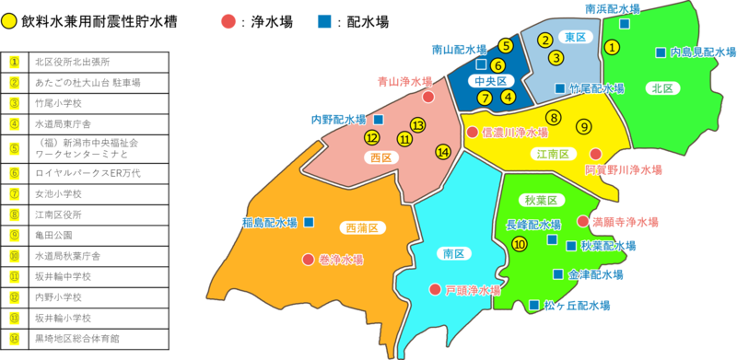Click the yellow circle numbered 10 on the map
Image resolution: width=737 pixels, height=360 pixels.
tap(520, 244)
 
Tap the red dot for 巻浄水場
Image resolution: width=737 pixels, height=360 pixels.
tap(308, 260)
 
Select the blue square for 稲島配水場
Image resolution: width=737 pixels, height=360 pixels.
tap(309, 222)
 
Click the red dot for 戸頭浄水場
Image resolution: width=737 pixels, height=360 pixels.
tap(435, 290)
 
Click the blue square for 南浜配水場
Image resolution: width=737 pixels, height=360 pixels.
tap(625, 24)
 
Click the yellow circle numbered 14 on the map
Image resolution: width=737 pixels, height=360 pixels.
tap(443, 152)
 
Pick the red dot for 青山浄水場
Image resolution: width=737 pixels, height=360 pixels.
tap(428, 97)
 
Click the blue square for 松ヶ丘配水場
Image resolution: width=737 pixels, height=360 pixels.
tap(534, 305)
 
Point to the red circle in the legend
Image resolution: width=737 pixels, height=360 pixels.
tap(228, 19)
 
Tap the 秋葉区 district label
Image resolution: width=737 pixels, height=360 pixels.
tap(547, 201)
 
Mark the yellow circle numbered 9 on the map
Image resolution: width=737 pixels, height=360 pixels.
tap(583, 127)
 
